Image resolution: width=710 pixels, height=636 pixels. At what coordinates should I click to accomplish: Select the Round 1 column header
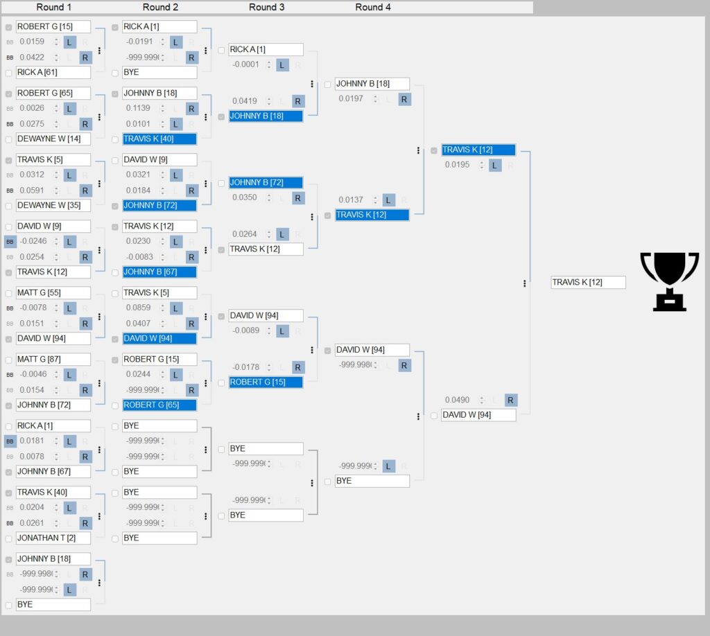coord(54,7)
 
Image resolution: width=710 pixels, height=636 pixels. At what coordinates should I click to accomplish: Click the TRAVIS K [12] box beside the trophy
coord(588,283)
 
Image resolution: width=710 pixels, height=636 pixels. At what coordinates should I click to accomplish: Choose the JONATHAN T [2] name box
coord(53,538)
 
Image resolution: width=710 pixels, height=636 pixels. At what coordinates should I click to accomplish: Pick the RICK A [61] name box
coord(53,73)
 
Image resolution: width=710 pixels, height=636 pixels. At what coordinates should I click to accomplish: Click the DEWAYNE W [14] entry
coord(53,139)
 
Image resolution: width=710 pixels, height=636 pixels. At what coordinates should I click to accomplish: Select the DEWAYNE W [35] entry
coord(53,206)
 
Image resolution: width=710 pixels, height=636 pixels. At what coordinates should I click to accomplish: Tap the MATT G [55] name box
coord(53,293)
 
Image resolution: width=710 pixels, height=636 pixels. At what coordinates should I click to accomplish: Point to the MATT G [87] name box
coord(53,360)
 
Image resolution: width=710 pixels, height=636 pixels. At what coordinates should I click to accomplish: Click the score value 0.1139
coord(139,109)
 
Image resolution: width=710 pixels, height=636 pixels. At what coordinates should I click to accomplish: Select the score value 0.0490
coord(458,400)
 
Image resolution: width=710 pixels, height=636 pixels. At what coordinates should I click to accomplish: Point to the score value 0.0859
coord(139,308)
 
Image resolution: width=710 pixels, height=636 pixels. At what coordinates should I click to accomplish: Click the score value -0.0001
coord(245,65)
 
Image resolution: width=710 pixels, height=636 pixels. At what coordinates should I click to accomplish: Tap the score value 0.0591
coord(32,191)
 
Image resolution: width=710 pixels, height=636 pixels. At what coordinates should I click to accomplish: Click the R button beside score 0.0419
coord(298,101)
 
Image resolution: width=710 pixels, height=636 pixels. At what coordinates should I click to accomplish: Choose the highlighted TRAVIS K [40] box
coord(159,139)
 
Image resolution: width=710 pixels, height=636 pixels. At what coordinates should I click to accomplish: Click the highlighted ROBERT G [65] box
coord(159,405)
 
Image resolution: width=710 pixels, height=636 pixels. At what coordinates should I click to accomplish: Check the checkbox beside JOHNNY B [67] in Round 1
coord(8,472)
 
